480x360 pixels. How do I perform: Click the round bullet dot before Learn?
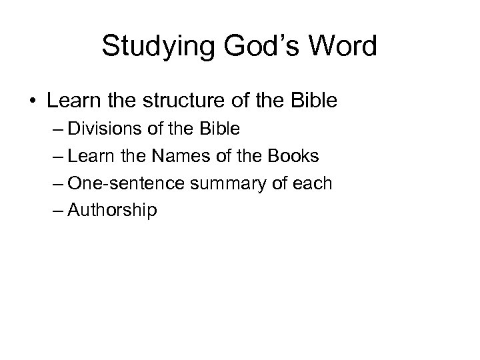pyautogui.click(x=33, y=102)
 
